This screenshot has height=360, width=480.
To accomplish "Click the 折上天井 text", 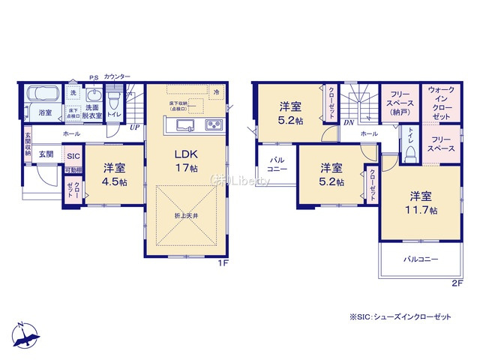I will (x=187, y=215).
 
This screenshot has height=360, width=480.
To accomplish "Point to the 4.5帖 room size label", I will (x=113, y=181).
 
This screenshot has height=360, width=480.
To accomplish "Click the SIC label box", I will (x=73, y=156).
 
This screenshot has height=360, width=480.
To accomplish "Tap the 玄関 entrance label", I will (x=46, y=154).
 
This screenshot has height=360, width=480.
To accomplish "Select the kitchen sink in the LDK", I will (x=187, y=124).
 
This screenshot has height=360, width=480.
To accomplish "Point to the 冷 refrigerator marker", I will (x=216, y=92).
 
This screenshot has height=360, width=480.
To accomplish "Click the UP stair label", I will (x=135, y=127).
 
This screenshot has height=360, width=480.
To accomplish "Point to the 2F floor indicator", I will (x=457, y=283).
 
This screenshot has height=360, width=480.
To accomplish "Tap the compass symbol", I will (x=25, y=334).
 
